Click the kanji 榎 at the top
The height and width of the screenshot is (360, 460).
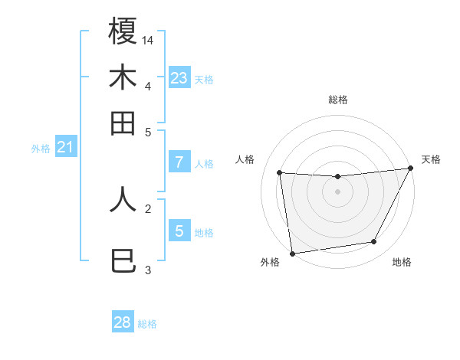point(123,31)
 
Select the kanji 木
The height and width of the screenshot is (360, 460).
point(123,78)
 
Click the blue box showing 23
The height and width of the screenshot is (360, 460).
point(179,78)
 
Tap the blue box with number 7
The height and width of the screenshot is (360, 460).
point(179,162)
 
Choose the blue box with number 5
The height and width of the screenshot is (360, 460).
point(179,231)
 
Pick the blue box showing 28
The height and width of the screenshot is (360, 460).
point(123,322)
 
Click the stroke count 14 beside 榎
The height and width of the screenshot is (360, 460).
point(149,39)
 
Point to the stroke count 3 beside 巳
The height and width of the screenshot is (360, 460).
point(148,270)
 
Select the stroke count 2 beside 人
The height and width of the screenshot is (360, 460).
point(148,208)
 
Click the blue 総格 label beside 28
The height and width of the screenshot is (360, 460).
point(147,324)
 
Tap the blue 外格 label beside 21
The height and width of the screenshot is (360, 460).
point(41,149)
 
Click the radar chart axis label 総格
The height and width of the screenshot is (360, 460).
point(338,100)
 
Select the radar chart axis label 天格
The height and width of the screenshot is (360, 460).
point(431,159)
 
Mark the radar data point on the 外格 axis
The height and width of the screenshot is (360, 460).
point(292,253)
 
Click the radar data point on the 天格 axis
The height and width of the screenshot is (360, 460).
point(410,169)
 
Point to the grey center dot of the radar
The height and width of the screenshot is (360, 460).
point(338,191)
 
